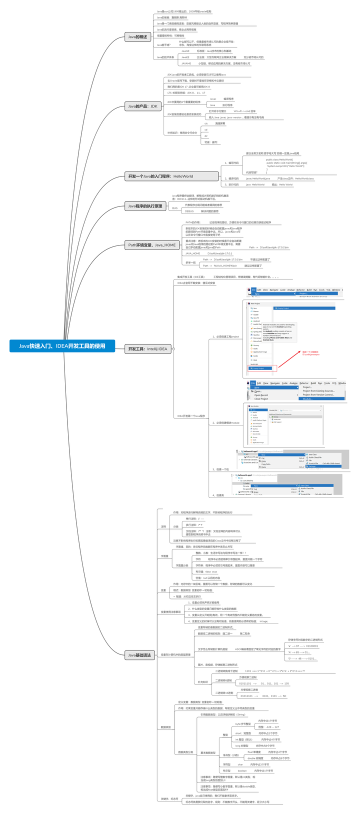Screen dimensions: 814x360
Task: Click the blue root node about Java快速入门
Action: click(x=62, y=345)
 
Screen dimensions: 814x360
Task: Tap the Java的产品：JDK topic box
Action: click(x=142, y=106)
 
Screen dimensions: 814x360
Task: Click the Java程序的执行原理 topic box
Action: click(x=145, y=205)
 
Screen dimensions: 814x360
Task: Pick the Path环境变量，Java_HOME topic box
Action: click(x=152, y=244)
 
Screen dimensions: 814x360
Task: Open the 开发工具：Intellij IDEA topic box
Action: click(x=147, y=348)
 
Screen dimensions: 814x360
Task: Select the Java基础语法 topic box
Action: click(x=139, y=654)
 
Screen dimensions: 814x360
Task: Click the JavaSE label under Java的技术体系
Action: click(x=185, y=51)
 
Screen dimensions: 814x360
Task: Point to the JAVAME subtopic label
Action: click(x=186, y=63)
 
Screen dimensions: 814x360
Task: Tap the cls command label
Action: click(x=206, y=123)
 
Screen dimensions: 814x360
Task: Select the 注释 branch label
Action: click(x=163, y=526)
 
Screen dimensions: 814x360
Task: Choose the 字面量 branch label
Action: click(x=164, y=556)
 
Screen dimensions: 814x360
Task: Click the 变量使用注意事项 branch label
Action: click(x=170, y=612)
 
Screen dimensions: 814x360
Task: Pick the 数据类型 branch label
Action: click(x=165, y=726)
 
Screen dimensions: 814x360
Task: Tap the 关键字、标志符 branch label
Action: click(x=169, y=798)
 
